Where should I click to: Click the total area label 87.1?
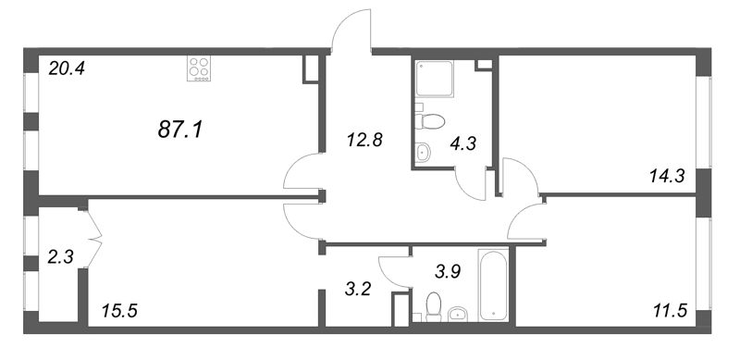coord(179,129)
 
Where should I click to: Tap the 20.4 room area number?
coord(67,69)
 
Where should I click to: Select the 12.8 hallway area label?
coord(364,141)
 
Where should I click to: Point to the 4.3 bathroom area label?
coord(463,144)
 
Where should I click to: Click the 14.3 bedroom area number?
coord(667,177)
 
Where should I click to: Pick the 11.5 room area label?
coord(668,311)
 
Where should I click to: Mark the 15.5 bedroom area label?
coord(119,311)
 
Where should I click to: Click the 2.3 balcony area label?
coord(60,258)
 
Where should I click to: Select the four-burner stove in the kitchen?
coord(199,68)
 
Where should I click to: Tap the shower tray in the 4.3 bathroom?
coord(435,79)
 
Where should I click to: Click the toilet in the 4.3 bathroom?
coord(430,121)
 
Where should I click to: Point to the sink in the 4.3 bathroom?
coord(423,152)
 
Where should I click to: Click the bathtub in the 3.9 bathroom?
coord(493,284)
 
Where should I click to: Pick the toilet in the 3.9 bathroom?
coord(433,306)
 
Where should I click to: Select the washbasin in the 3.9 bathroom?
coord(457,314)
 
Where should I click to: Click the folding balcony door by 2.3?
coord(95,240)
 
